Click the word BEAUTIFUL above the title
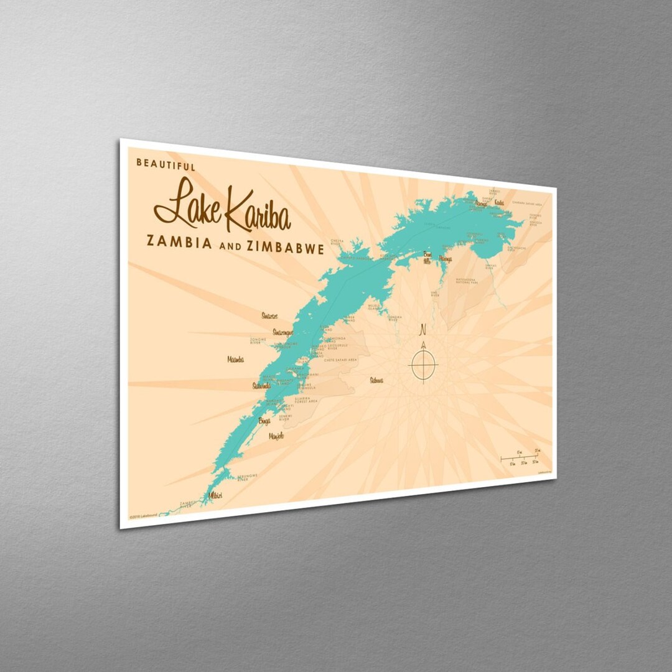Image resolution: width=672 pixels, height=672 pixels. point(166,166)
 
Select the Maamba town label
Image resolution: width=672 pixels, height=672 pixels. point(235,360)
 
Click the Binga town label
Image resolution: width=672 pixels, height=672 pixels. point(264,421)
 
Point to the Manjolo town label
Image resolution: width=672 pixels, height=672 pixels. point(276,436)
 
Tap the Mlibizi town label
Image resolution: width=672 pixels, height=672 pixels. point(215,495)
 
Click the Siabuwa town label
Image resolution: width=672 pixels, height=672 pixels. point(376,380)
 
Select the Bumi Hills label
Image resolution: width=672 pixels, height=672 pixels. point(427,257)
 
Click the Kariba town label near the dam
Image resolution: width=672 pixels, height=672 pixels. point(499,202)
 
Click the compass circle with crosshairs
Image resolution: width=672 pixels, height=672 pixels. point(423,363)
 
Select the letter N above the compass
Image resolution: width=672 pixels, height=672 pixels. point(423,329)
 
